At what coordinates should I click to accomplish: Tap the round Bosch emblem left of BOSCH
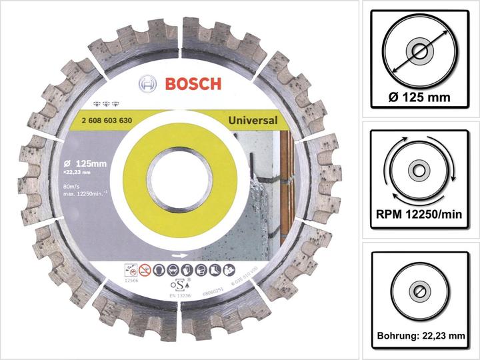pos(148,85)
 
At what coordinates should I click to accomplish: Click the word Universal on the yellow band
pos(253,121)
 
